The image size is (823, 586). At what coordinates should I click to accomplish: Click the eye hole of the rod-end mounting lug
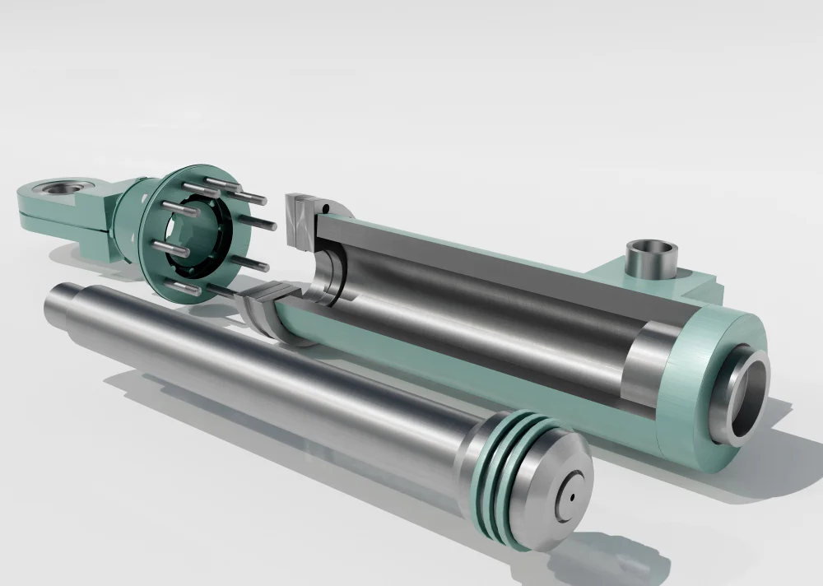pyautogui.click(x=59, y=189)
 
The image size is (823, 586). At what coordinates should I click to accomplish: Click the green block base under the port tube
pyautogui.click(x=658, y=284)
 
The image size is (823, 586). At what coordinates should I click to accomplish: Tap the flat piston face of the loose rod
pyautogui.click(x=560, y=486)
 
